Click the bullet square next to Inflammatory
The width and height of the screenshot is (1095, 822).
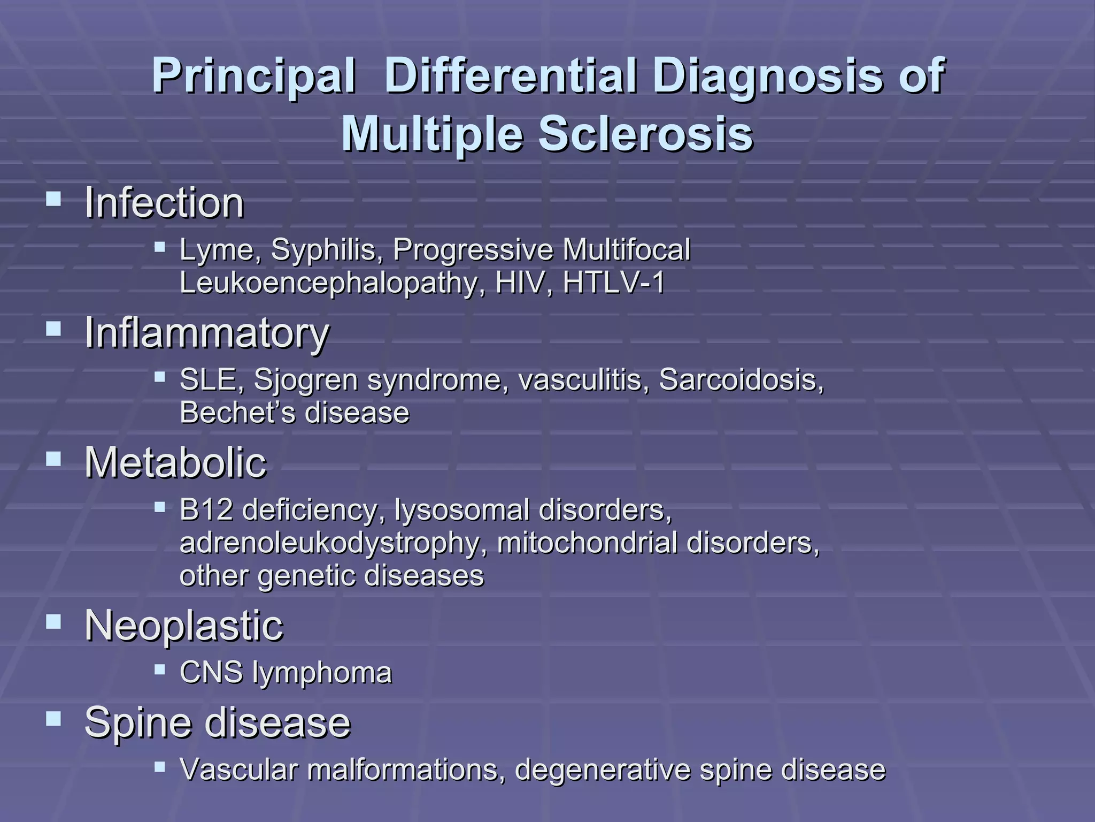[53, 328]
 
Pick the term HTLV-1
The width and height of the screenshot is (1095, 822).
[614, 283]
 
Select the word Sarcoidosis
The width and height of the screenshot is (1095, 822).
[741, 380]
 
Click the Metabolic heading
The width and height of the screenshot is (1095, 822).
[175, 462]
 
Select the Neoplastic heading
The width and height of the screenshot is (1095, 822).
[184, 626]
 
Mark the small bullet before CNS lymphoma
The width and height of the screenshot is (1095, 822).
[159, 669]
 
